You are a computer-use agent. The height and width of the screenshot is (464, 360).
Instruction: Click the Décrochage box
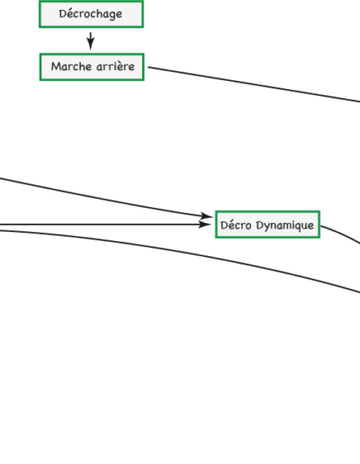point(91,14)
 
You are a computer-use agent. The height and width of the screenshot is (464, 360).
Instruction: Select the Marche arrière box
point(92,67)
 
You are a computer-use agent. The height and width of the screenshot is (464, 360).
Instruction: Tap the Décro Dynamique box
point(267,225)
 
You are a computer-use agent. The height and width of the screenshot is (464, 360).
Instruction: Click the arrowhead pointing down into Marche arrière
point(91,44)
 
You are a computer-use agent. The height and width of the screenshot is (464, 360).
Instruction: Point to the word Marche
point(71,67)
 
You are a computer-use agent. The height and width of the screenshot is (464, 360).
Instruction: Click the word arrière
point(115,67)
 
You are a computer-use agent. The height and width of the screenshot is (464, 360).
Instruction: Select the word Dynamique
point(284,226)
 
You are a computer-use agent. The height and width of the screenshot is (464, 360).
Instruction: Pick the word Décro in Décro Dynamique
point(236,225)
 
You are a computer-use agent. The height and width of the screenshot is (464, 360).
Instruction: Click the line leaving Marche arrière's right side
point(254,85)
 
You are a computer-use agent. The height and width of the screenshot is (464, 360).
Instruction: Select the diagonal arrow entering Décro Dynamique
point(105,199)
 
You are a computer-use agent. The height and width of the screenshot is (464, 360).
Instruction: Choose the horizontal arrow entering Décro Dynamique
point(105,224)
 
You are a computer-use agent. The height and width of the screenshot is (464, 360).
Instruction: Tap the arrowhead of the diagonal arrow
point(207,216)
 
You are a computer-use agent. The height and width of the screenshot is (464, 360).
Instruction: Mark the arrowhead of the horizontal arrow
point(205,224)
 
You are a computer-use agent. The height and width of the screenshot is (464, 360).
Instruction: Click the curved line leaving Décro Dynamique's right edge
point(341,233)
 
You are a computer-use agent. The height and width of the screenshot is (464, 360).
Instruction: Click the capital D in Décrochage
point(63,13)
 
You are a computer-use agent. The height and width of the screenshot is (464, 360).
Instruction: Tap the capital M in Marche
point(56,67)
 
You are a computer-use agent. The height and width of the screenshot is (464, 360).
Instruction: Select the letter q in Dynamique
point(297,227)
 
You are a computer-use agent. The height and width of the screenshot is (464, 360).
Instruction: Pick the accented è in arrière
point(122,67)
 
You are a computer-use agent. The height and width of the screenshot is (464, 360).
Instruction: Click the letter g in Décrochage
point(112,15)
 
